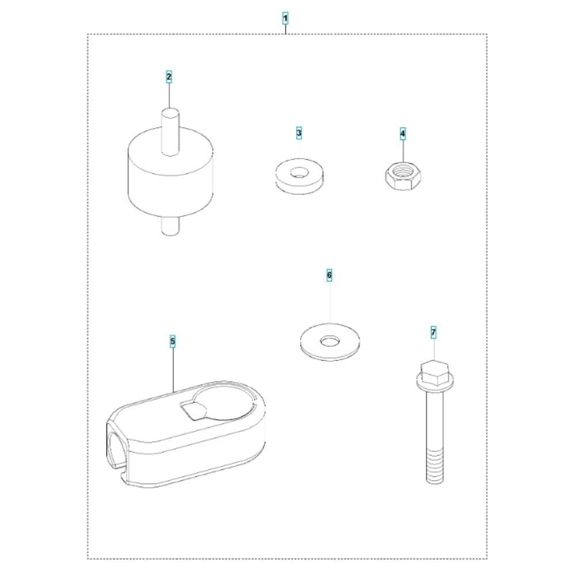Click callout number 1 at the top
[x=285, y=18]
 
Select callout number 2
[x=169, y=77]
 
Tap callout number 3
[x=299, y=132]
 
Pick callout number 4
[x=403, y=134]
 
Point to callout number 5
[x=173, y=342]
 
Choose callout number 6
[x=329, y=275]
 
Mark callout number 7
[x=434, y=333]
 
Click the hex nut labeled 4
[x=403, y=176]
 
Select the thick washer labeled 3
[x=300, y=176]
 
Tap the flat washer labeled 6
[x=330, y=342]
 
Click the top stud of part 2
[x=170, y=131]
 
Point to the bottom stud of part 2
[x=170, y=226]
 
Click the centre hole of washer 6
[x=330, y=341]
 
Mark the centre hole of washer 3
[x=299, y=172]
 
